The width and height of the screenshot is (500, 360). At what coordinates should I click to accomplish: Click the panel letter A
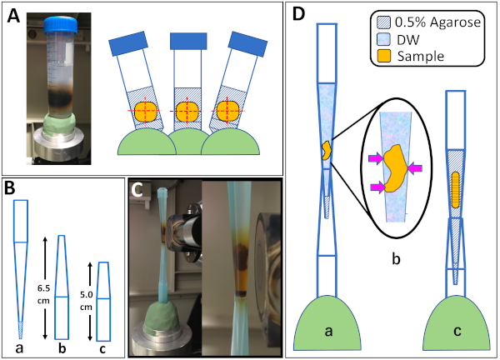13,16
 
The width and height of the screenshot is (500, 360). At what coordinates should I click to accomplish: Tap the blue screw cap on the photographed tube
61,25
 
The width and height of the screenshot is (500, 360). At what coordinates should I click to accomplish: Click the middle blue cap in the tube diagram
188,41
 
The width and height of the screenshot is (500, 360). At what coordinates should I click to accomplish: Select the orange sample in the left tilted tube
147,111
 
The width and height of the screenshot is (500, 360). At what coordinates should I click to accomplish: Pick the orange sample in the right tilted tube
227,112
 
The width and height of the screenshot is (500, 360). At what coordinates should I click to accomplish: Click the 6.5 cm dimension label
43,294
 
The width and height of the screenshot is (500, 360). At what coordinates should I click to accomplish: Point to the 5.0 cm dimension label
86,301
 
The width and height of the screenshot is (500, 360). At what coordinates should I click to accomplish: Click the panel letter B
10,188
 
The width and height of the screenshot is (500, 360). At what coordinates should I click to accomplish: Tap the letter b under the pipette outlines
62,348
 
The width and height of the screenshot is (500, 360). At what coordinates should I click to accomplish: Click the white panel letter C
137,189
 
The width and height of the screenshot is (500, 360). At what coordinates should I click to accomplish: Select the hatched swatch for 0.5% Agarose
383,22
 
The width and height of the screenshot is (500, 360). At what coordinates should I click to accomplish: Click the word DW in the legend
408,40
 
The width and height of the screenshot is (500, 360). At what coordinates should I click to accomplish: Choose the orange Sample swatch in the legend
383,56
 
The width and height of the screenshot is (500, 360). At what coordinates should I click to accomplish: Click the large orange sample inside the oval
395,168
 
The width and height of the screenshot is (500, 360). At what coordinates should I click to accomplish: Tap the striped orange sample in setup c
455,189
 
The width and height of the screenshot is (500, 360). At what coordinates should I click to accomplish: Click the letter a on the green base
328,332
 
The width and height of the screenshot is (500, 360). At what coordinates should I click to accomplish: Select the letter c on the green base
457,332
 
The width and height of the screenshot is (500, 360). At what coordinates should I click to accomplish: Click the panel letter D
298,14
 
